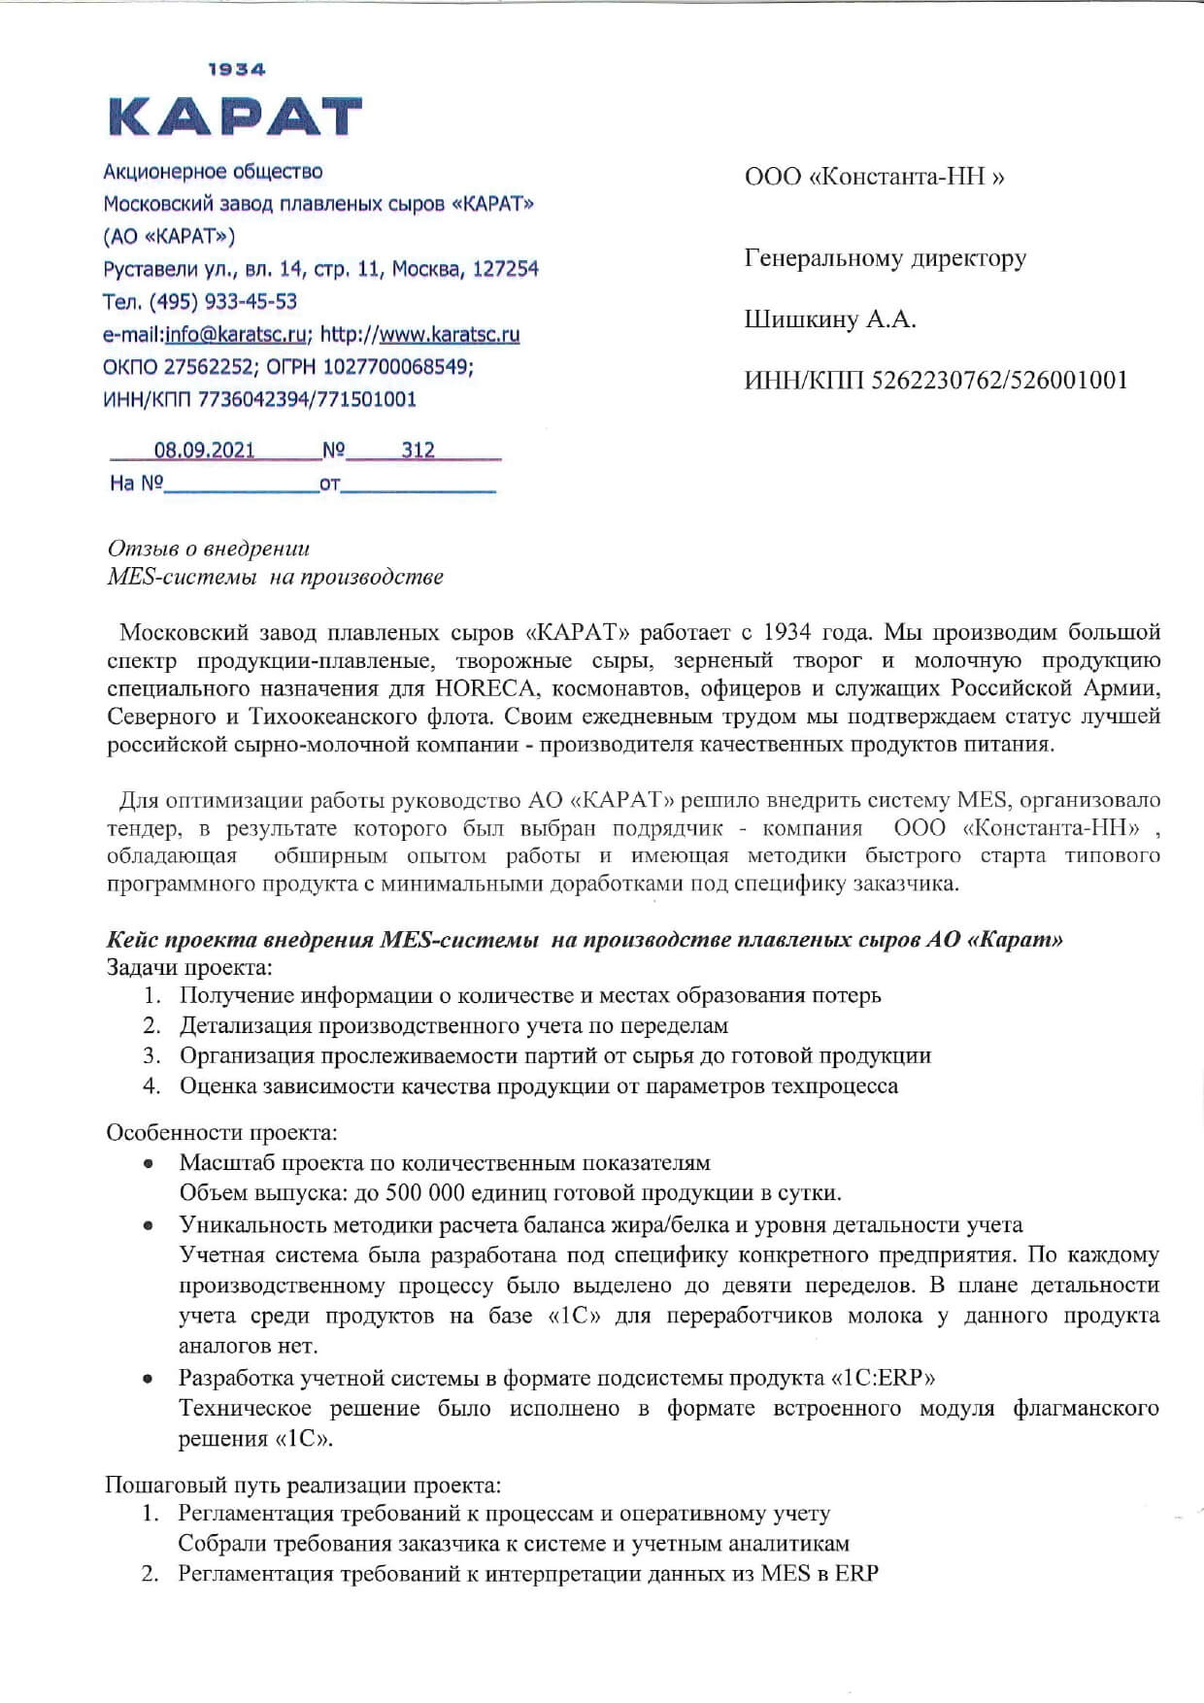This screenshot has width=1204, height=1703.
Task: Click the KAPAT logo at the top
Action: click(x=235, y=117)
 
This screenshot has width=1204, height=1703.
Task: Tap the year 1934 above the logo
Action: click(x=237, y=70)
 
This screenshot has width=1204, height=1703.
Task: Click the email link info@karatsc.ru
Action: click(x=238, y=334)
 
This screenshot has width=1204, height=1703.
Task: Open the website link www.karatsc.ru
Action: click(x=449, y=334)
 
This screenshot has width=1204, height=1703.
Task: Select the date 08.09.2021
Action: click(x=204, y=450)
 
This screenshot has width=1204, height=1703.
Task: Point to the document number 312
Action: click(x=418, y=450)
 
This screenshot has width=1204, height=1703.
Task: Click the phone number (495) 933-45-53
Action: click(x=223, y=301)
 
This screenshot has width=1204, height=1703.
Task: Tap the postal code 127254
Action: click(x=505, y=269)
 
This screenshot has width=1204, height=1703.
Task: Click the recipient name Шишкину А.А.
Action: click(x=830, y=319)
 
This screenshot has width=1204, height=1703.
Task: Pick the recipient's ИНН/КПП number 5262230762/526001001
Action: click(x=999, y=380)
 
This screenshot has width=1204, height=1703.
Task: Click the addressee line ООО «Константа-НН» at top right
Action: click(x=874, y=177)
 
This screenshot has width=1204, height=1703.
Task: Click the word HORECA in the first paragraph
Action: click(x=479, y=688)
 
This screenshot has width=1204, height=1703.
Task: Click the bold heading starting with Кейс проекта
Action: click(x=584, y=940)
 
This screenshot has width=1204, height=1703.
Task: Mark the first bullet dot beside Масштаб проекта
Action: click(x=148, y=1163)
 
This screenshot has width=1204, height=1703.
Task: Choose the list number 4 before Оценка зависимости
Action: click(x=151, y=1085)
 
